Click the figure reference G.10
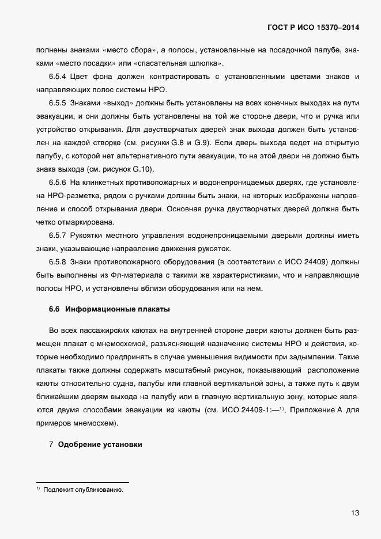[x=142, y=169]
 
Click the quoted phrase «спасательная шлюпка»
[x=187, y=63]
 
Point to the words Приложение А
[x=315, y=410]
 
